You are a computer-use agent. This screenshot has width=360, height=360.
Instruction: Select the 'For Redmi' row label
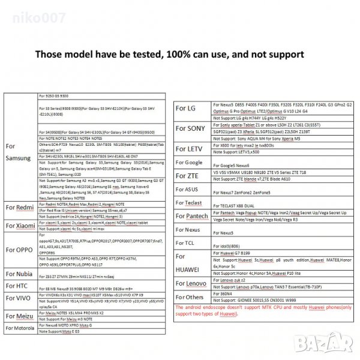tap(19, 207)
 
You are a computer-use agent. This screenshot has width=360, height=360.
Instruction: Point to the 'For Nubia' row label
tap(20, 274)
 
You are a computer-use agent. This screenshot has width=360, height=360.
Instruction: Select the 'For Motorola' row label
tap(22, 328)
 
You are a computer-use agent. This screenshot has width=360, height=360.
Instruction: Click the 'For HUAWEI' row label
tap(191, 263)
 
